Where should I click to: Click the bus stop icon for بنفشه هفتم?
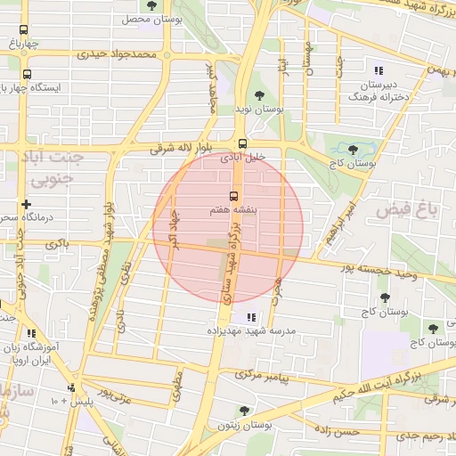[x=234, y=195]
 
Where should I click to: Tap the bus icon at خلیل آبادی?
[x=242, y=143]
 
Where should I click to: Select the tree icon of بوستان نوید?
[x=259, y=94]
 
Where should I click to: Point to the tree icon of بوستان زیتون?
[x=244, y=411]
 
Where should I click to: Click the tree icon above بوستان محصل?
[x=151, y=5]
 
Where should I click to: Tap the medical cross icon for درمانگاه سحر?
[x=27, y=204]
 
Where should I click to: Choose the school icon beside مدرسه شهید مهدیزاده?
[x=249, y=316]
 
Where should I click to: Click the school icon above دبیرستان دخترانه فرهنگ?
[x=379, y=70]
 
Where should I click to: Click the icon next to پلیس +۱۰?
[x=71, y=387]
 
